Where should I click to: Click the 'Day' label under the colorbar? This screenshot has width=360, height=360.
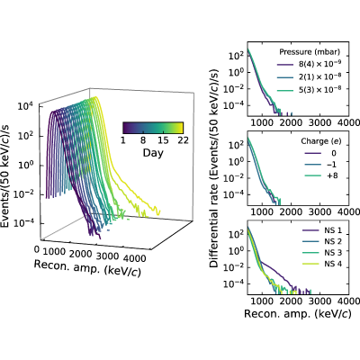click(153, 153)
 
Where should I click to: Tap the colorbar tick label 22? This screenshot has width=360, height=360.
click(183, 140)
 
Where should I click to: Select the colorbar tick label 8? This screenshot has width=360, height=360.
click(143, 140)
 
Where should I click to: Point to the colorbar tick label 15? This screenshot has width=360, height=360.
click(163, 140)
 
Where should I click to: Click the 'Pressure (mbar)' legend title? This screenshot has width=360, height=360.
click(310, 52)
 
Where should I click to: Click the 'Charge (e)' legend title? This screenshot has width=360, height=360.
click(321, 141)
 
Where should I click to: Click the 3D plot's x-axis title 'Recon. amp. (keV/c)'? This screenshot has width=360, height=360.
click(87, 268)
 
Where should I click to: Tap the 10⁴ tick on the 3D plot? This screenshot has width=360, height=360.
click(25, 106)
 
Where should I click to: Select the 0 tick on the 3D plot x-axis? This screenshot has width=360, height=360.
click(37, 249)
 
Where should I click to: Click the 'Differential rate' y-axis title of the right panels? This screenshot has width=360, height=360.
click(214, 168)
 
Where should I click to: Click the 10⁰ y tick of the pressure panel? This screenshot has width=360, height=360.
click(236, 73)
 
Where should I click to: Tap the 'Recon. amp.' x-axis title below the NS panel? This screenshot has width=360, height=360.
click(297, 314)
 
